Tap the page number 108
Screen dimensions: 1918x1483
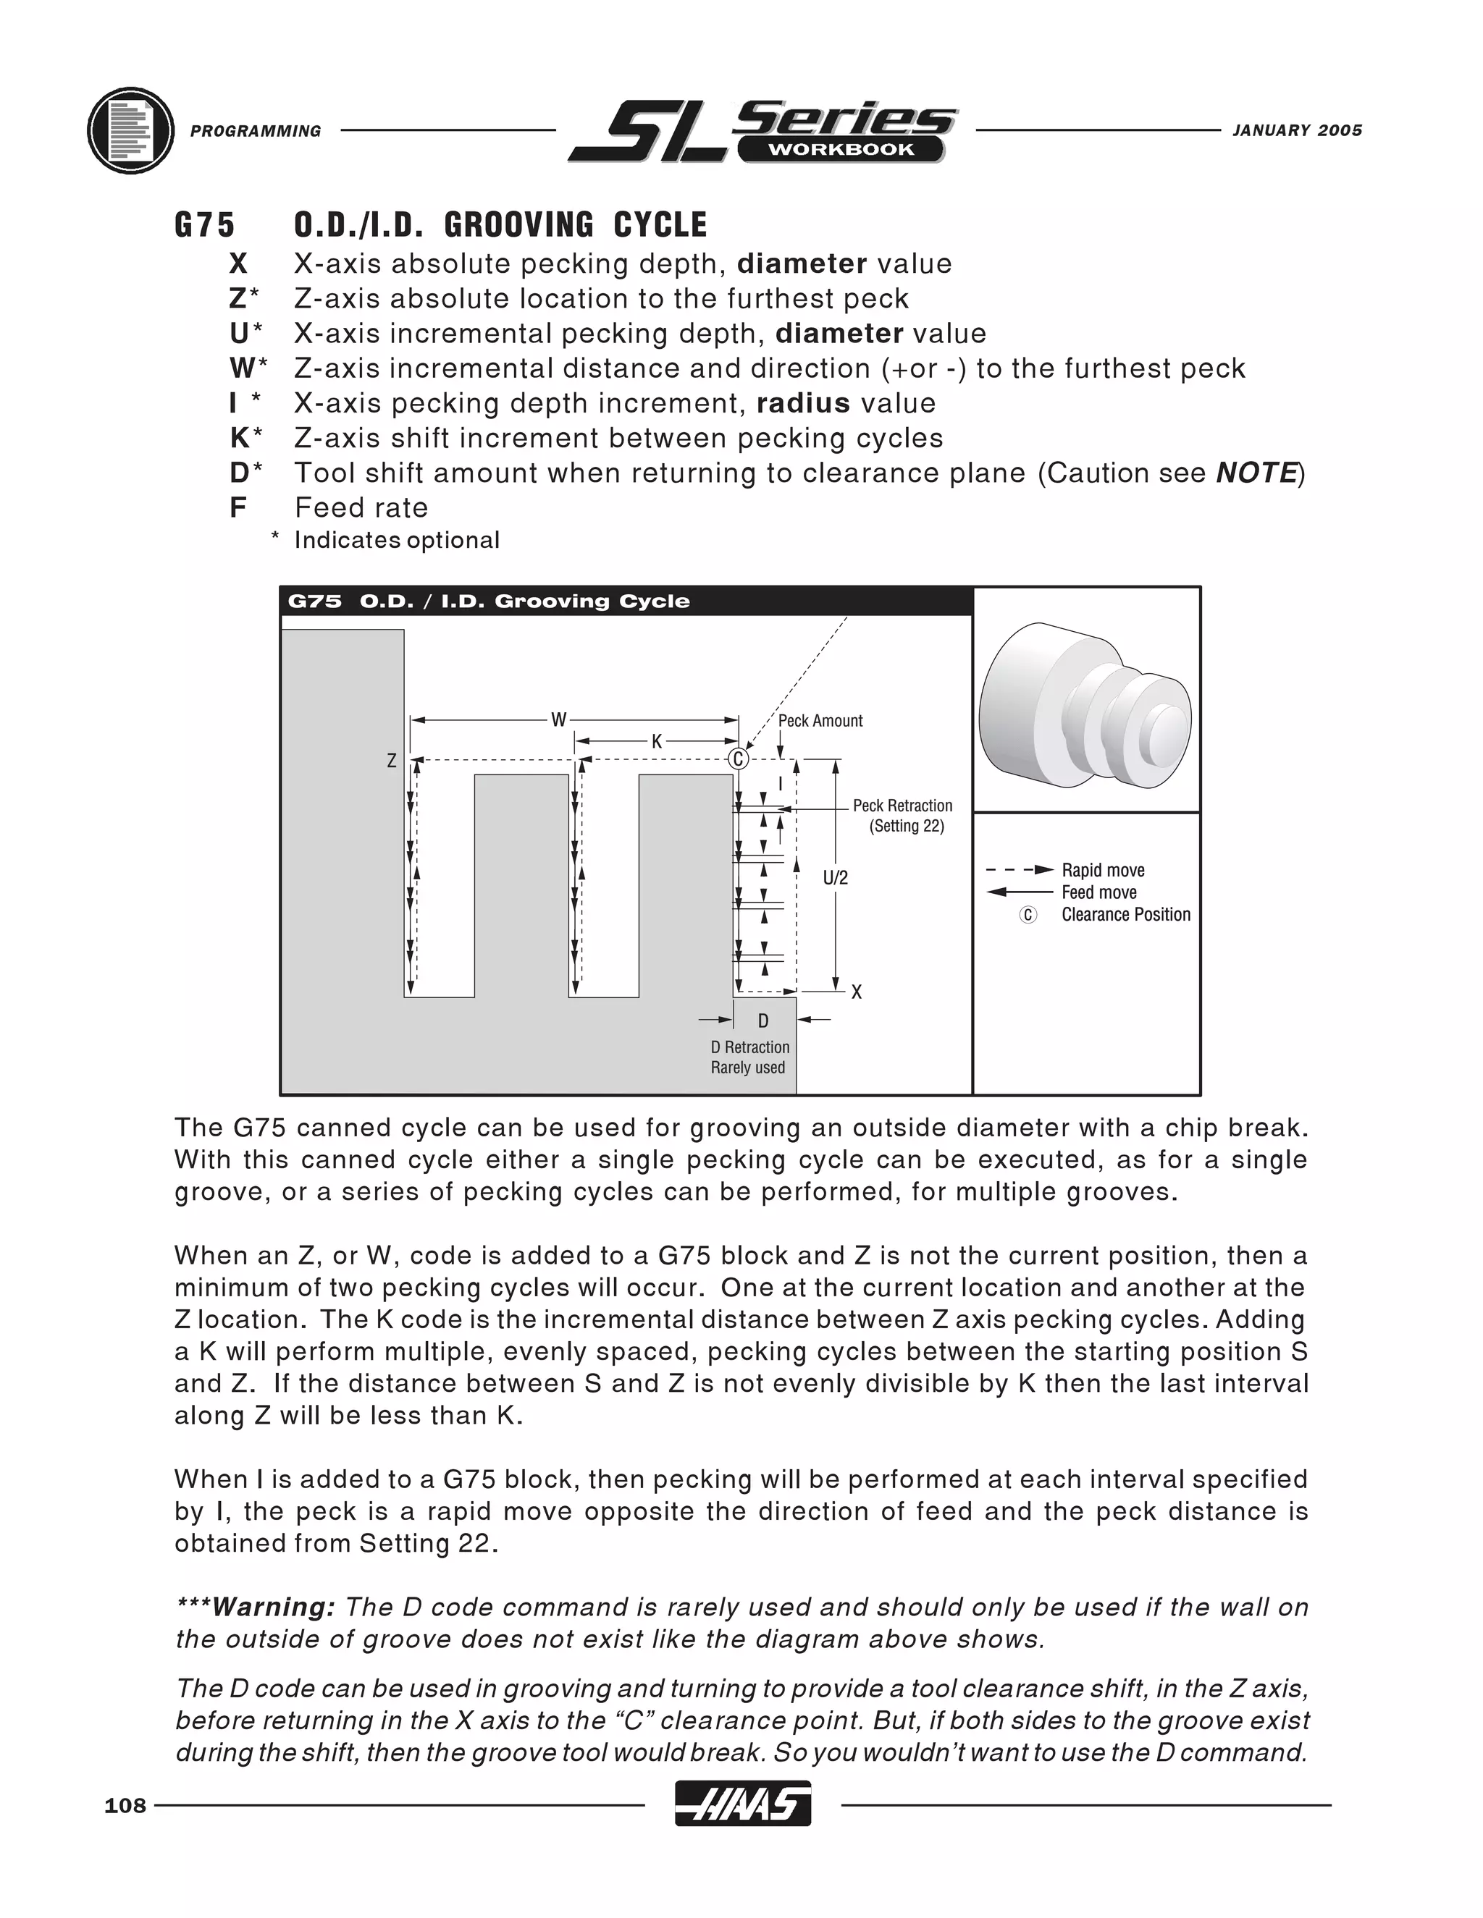coord(125,1806)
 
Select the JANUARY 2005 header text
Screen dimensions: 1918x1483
coord(1297,131)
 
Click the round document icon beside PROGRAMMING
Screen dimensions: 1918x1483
coord(131,131)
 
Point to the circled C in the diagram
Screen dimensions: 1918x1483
coord(738,759)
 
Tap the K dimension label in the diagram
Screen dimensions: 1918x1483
coord(656,742)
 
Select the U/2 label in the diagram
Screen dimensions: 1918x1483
coord(836,877)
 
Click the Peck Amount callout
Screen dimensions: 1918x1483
coord(820,721)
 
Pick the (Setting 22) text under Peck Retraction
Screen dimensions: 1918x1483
coord(907,827)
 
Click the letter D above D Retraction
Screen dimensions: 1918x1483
coord(762,1021)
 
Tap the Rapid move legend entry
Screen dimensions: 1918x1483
coord(1103,870)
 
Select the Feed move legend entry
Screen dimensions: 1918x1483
coord(1098,892)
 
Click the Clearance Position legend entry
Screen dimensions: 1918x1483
coord(1125,915)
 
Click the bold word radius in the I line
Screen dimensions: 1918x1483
coord(803,404)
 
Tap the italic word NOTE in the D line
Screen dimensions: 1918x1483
coord(1256,473)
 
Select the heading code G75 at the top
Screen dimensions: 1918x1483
coord(205,226)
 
